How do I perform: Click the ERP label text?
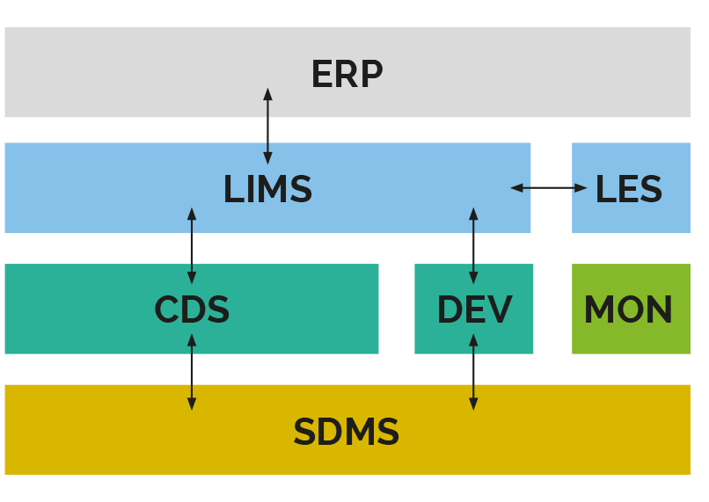(x=347, y=75)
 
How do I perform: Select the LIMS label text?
(x=267, y=190)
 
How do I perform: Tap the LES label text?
(x=628, y=190)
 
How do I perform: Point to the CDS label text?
(x=192, y=310)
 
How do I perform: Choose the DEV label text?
(x=474, y=310)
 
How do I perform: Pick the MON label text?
(x=628, y=310)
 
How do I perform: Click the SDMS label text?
(x=346, y=433)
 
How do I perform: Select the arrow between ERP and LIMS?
(x=267, y=126)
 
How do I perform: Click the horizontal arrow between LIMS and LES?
(x=548, y=187)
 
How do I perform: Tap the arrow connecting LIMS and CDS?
(x=192, y=246)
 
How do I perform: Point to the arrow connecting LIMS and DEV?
(x=473, y=246)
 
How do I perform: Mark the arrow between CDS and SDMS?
(x=192, y=371)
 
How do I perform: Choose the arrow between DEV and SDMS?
(x=473, y=371)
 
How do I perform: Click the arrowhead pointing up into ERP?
(x=267, y=93)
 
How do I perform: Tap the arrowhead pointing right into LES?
(x=581, y=187)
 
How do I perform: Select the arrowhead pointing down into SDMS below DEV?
(x=473, y=404)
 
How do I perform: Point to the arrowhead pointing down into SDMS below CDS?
(x=192, y=404)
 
